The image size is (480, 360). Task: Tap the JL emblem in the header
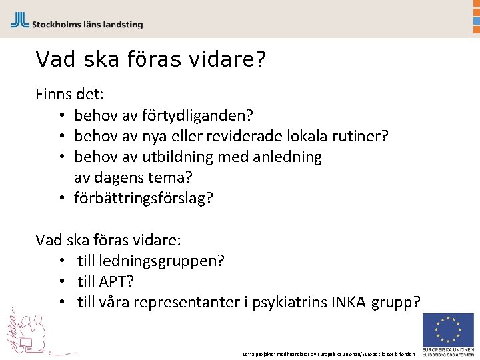click(19, 20)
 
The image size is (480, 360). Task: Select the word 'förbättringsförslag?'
click(143, 198)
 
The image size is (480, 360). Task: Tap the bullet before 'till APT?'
click(61, 281)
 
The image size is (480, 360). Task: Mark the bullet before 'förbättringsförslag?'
click(61, 198)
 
